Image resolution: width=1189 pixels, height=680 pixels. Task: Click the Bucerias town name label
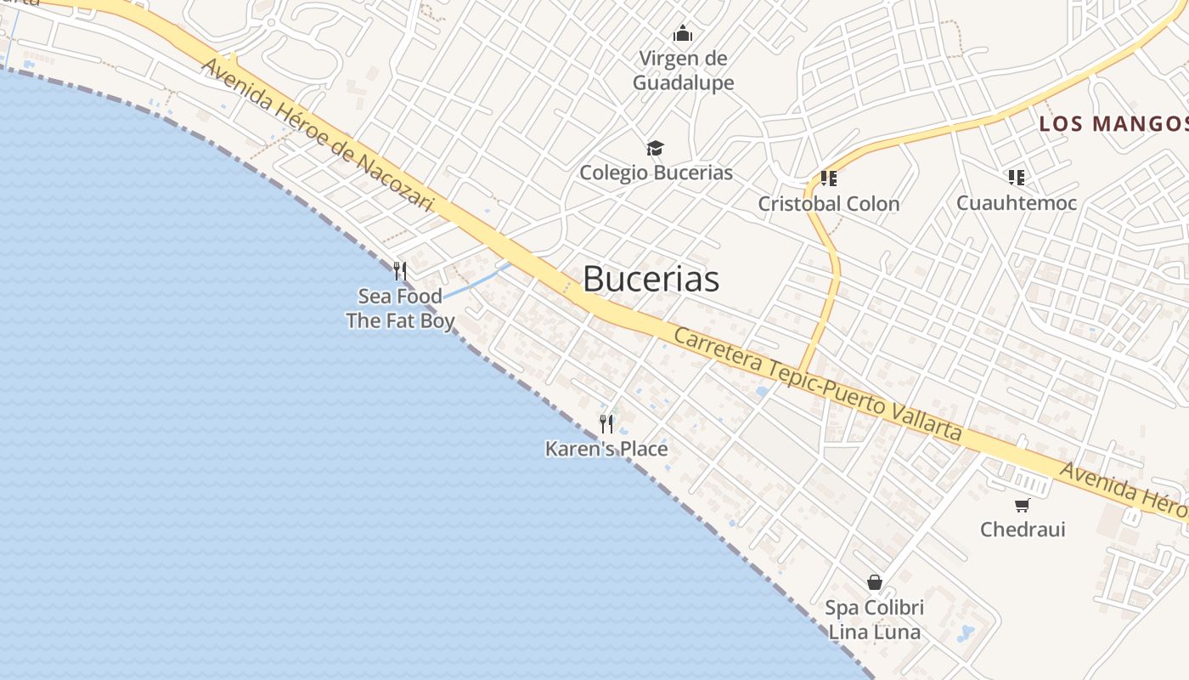(x=651, y=279)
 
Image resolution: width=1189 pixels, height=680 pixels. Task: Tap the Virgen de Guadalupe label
(x=683, y=71)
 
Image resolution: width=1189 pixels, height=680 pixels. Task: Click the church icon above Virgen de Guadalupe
(x=683, y=34)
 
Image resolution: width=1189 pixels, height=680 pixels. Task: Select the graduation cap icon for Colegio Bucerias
(x=655, y=149)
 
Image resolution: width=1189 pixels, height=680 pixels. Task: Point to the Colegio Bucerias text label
(x=656, y=173)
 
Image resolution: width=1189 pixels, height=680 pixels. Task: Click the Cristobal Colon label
(x=828, y=204)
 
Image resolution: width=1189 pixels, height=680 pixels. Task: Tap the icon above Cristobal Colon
(x=829, y=178)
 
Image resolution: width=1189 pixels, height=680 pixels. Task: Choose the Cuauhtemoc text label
(x=1016, y=203)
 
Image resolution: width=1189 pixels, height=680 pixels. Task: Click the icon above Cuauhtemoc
(x=1017, y=178)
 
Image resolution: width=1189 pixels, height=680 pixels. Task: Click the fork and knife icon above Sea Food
(x=400, y=271)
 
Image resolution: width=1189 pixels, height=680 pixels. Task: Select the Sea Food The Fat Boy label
(x=400, y=309)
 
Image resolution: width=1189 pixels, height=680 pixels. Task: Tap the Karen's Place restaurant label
(x=606, y=449)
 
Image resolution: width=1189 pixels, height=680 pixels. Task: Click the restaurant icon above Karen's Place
(x=606, y=423)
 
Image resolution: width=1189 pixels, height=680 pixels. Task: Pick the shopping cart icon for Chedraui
(x=1023, y=505)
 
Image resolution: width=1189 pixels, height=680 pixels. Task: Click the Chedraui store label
(x=1023, y=530)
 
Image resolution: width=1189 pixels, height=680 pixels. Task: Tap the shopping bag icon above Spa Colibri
(x=875, y=582)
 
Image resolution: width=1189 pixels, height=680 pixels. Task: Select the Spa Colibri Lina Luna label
(x=875, y=620)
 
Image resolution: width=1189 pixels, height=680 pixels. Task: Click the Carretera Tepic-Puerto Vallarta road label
(x=818, y=383)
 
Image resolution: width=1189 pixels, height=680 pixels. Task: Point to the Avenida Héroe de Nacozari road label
(x=317, y=135)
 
